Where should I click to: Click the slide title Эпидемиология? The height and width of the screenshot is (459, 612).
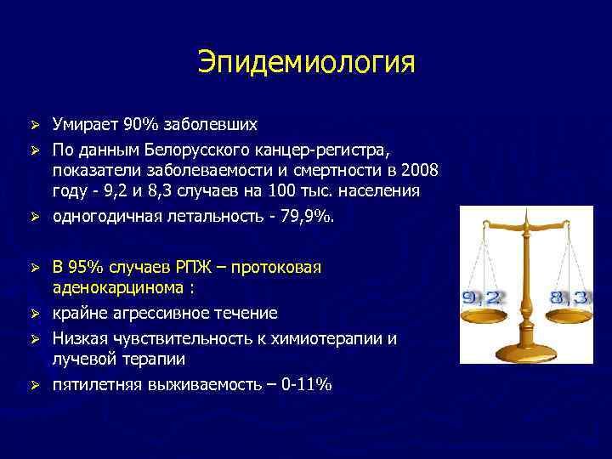coord(306,62)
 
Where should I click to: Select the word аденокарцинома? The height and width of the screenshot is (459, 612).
coord(118,288)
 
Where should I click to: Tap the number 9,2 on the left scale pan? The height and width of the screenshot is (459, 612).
coord(483,298)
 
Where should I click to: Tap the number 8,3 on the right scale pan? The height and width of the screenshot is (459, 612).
coord(569,298)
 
